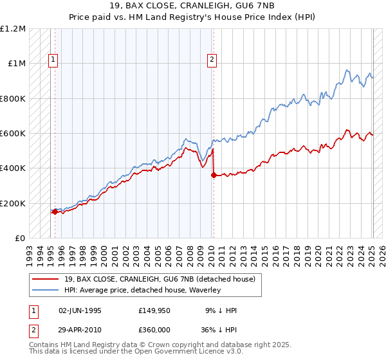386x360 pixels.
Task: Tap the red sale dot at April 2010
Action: click(x=213, y=175)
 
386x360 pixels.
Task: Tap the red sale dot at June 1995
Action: click(x=55, y=212)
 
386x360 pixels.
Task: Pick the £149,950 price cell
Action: click(x=154, y=310)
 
